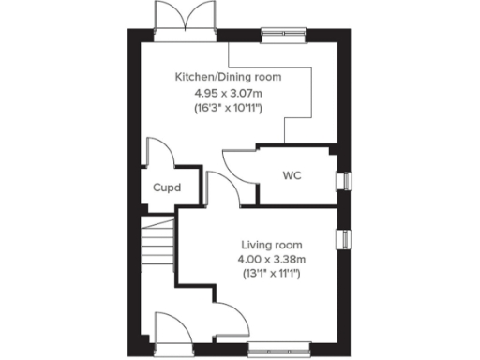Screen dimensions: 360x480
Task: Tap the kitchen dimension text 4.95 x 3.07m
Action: (x=227, y=93)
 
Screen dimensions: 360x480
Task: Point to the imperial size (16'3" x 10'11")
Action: (x=227, y=109)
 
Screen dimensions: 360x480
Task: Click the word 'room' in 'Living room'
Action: (x=284, y=244)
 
